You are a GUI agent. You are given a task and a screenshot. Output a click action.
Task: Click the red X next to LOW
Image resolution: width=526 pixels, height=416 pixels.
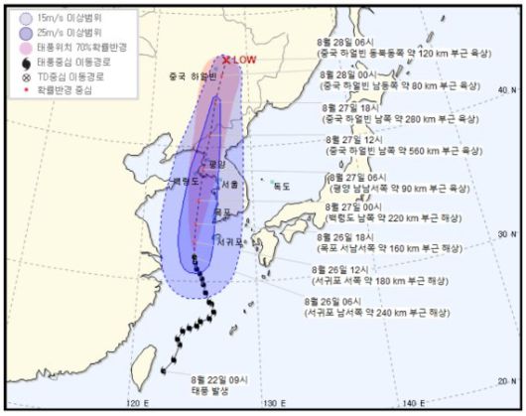tap(226, 60)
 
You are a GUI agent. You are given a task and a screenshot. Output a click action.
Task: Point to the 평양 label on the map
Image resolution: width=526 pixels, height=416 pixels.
tap(219, 162)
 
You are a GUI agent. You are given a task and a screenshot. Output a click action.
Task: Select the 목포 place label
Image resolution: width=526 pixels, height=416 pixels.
tap(222, 212)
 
